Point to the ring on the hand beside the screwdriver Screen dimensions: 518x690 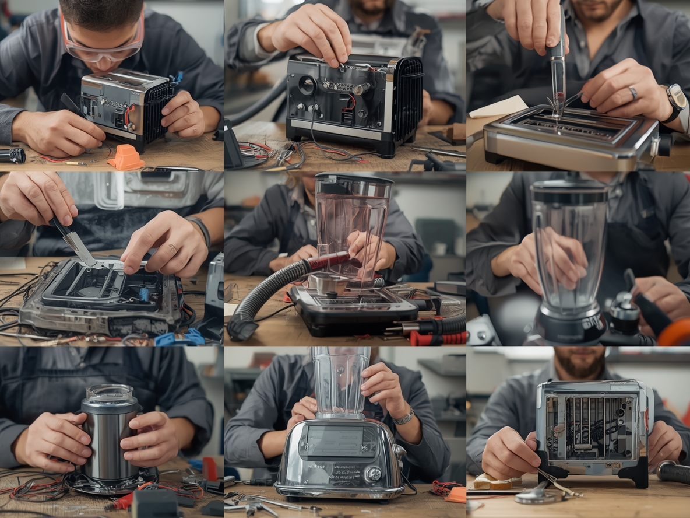[633, 93]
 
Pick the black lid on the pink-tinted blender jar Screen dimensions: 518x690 [353, 179]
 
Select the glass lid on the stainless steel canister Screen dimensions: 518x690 [109, 393]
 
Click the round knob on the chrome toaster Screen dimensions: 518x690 [372, 473]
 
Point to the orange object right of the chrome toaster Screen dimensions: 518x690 [456, 494]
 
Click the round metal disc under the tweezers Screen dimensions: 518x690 [534, 496]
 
